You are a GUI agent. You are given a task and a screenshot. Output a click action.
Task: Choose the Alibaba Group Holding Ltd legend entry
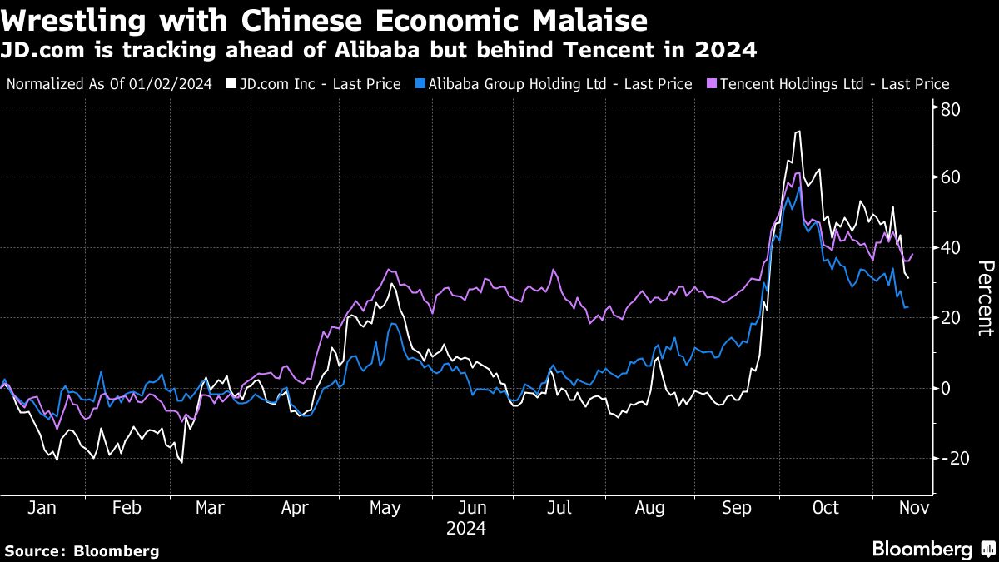click(x=555, y=84)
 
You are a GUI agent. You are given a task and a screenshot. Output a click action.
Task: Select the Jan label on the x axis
click(x=42, y=508)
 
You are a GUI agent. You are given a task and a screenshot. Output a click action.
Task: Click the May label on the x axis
click(x=385, y=508)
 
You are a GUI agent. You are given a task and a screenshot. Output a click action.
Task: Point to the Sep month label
click(x=737, y=508)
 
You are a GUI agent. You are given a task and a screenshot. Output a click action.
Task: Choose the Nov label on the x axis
click(x=912, y=508)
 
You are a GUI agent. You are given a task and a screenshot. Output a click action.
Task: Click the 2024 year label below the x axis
click(x=466, y=528)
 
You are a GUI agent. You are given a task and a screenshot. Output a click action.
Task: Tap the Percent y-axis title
click(x=985, y=297)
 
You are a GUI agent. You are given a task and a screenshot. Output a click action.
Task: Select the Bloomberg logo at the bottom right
click(x=932, y=549)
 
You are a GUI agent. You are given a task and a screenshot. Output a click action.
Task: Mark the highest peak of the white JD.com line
click(x=798, y=132)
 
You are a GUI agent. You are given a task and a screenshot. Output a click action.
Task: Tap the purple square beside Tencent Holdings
click(x=711, y=84)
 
